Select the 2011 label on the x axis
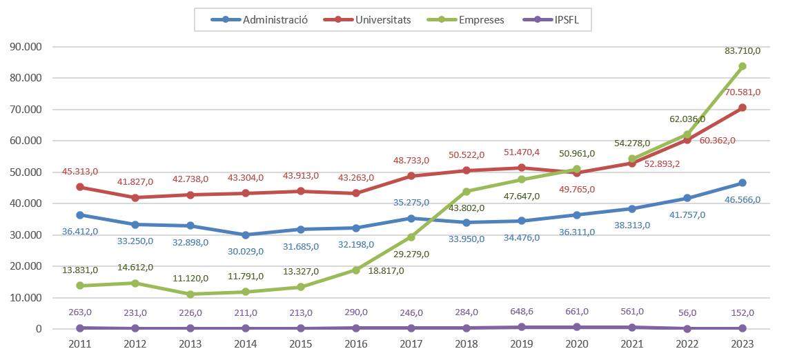pos(80,343)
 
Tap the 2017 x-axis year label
pos(411,343)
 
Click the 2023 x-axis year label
pos(743,343)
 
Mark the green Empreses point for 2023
pos(743,66)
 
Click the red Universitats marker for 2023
pos(743,108)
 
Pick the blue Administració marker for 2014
pos(246,235)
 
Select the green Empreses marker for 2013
pos(190,294)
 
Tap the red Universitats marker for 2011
pos(80,187)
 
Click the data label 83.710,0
pos(743,50)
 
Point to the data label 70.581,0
pos(743,92)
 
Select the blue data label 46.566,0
pos(743,200)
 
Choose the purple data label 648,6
pos(522,312)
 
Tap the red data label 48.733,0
pos(411,160)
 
